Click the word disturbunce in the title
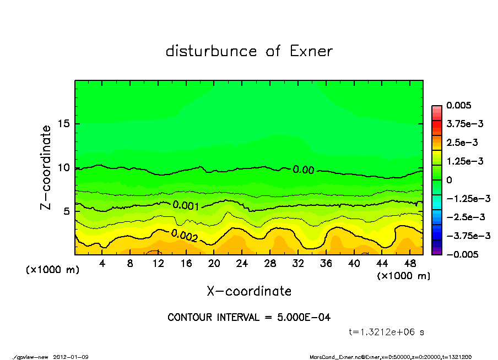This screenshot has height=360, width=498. (211, 51)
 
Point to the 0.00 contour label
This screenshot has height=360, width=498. (304, 170)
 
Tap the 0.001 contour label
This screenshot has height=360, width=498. (186, 205)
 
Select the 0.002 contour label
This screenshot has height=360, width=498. (184, 235)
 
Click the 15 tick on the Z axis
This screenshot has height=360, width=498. (63, 124)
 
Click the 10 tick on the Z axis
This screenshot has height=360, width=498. (63, 167)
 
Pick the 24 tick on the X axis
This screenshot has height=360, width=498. (242, 264)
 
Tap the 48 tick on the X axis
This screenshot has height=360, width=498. (409, 264)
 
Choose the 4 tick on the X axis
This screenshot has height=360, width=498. (102, 264)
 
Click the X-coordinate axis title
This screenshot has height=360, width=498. (249, 291)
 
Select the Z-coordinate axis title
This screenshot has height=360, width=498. (46, 167)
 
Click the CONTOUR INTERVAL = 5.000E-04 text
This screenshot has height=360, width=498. (249, 317)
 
